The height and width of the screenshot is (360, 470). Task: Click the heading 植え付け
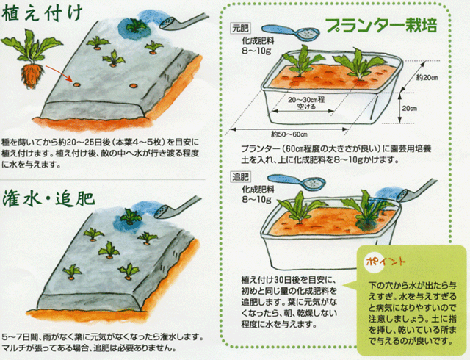coord(43,13)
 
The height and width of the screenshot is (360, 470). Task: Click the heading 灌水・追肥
coord(48,199)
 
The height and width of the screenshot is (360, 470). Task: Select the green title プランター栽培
coord(381,25)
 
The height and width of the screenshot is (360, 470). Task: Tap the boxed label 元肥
coord(240,28)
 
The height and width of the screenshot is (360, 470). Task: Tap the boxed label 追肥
coord(240,177)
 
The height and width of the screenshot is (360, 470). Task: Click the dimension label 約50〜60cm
coord(289,134)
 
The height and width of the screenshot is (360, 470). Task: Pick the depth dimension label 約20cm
coord(427,78)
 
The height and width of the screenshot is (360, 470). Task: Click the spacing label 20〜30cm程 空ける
coord(306,103)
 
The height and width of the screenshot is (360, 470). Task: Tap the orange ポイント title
coord(386,262)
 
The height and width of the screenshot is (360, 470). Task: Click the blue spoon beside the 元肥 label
coord(292,32)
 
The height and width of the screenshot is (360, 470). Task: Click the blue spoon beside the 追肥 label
coord(296,181)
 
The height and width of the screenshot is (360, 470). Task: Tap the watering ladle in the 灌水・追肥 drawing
coord(178,208)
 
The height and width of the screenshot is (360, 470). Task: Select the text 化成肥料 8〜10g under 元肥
coord(258,46)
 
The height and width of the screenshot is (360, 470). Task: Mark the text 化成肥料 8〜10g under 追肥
coord(258,194)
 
